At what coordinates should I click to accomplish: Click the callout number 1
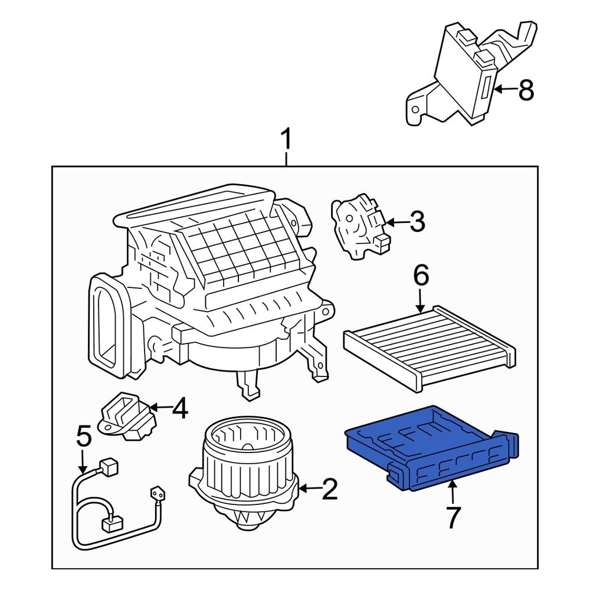[x=286, y=141]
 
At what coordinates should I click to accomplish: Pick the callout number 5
[x=84, y=437]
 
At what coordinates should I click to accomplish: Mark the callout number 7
[x=452, y=517]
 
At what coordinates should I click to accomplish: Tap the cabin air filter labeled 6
[x=428, y=345]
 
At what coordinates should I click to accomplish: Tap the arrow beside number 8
[x=506, y=90]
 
